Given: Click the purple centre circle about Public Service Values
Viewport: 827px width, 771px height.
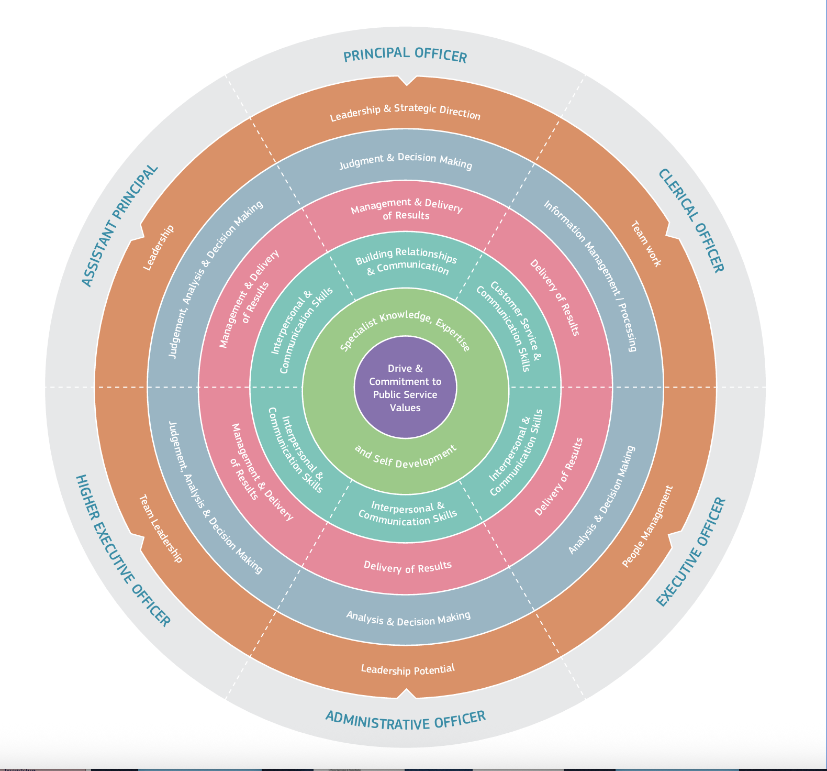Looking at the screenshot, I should (405, 388).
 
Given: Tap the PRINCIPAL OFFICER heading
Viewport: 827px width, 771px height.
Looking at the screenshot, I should (405, 55).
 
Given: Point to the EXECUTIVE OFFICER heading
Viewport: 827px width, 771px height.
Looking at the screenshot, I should (691, 552).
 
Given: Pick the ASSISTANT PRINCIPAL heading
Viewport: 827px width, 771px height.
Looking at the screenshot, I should (120, 226).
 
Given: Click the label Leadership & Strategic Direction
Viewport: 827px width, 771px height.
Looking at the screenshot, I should (405, 115).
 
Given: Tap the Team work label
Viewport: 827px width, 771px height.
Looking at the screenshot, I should (645, 244).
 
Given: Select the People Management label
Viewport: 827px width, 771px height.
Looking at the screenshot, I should (647, 526).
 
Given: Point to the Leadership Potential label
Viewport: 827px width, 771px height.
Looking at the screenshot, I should (408, 669).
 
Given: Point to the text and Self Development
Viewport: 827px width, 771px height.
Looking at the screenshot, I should (406, 456).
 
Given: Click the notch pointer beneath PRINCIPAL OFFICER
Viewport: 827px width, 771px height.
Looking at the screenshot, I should (406, 80).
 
